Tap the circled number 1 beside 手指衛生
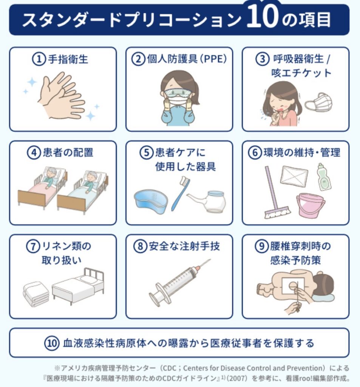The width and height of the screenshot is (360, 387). pyautogui.click(x=39, y=59)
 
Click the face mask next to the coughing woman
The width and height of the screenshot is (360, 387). pyautogui.click(x=318, y=102)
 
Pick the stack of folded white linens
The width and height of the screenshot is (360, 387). pyautogui.click(x=36, y=294)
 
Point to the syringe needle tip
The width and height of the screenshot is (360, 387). pyautogui.click(x=210, y=259)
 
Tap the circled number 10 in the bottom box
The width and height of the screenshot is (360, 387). pyautogui.click(x=52, y=343)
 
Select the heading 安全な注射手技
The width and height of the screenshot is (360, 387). pyautogui.click(x=184, y=246)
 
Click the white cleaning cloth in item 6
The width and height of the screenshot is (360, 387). pyautogui.click(x=294, y=176)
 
